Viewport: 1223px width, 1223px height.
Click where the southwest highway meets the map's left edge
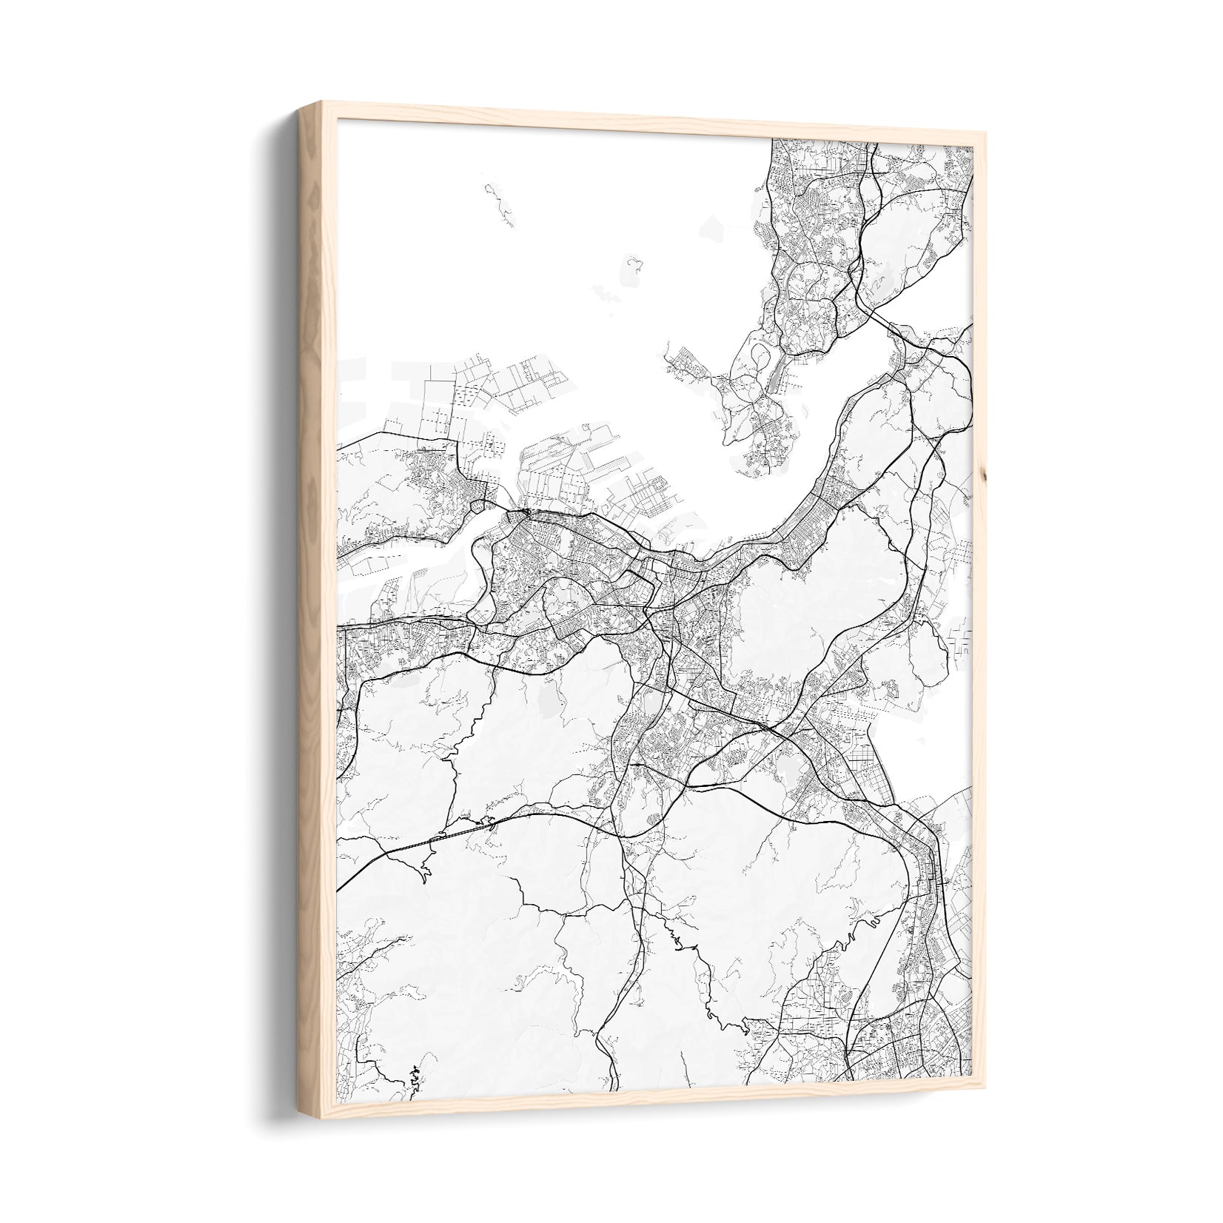pyautogui.click(x=340, y=888)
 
